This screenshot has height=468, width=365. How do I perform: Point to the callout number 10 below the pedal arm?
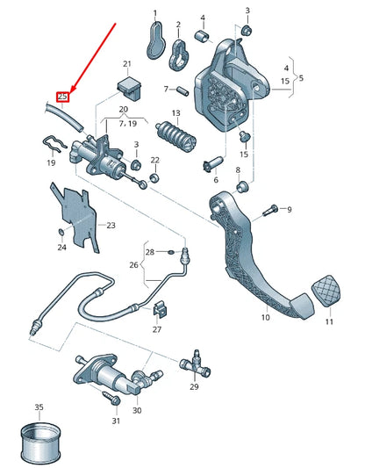266,317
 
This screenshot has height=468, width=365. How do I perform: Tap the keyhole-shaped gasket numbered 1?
154,40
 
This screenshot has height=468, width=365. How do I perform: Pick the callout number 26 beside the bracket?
134,264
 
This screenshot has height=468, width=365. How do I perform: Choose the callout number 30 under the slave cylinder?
137,410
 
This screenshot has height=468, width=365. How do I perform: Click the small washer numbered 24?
61,232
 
